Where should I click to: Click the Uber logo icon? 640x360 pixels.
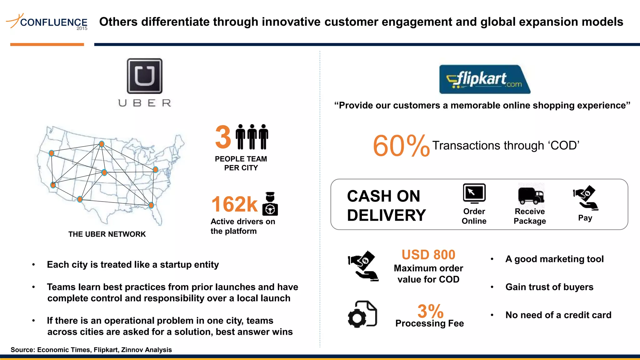coord(144,76)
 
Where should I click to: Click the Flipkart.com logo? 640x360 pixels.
coord(484,79)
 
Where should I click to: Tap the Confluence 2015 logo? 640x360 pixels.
coord(47,22)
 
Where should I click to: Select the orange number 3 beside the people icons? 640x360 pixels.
coord(223,137)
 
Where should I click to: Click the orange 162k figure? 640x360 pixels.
coord(234,204)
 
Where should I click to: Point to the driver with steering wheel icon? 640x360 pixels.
coord(270,204)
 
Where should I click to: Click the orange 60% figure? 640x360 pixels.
coord(401,146)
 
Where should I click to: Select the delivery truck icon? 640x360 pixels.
coord(531,195)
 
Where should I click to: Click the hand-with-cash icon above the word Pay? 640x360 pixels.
coord(586,198)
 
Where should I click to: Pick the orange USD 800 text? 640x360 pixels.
coord(428,255)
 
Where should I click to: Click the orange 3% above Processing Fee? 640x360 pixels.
coord(430,311)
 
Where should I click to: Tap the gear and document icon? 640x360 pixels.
coord(362,314)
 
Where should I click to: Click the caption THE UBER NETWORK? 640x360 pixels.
coord(107,234)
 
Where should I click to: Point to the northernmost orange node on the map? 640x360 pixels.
coord(102,144)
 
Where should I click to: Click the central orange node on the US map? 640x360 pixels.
coord(104,172)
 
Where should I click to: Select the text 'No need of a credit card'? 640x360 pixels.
coord(558,315)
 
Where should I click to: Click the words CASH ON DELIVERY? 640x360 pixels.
coord(386,206)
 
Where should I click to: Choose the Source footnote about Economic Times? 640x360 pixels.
coord(91,350)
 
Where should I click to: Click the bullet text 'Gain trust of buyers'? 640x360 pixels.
coord(549,287)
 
